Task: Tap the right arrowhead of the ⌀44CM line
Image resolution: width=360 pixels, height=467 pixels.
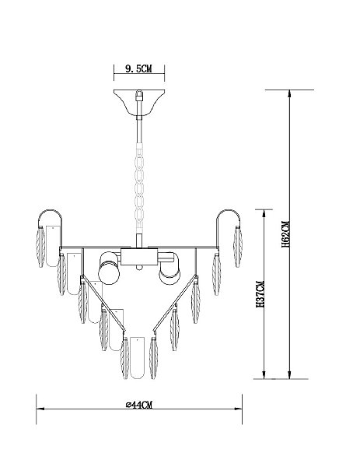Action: [x=238, y=413]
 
